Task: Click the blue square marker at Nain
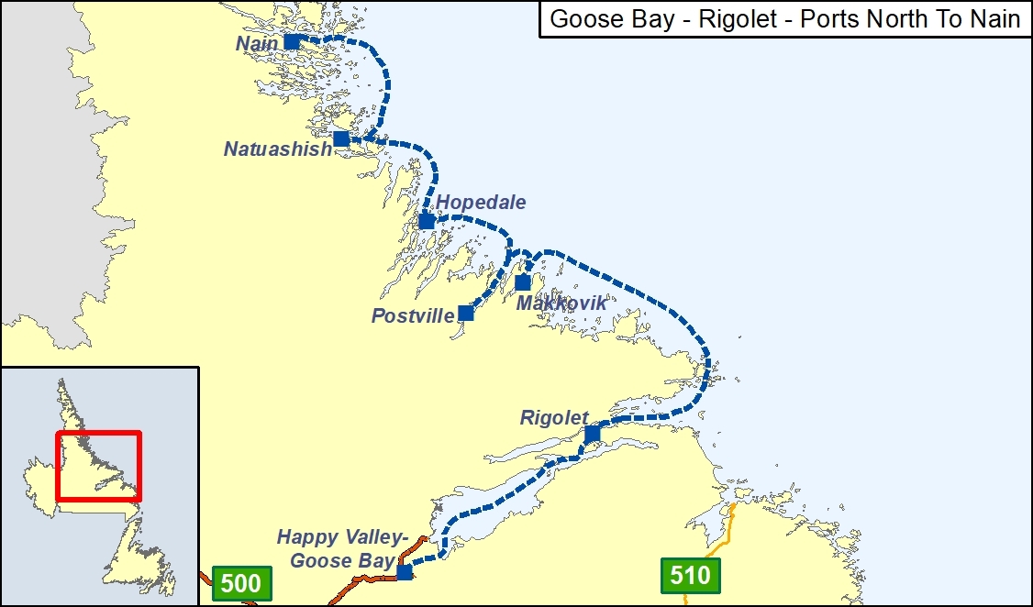[x=292, y=41]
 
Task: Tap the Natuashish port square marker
[x=340, y=138]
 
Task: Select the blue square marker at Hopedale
[x=426, y=221]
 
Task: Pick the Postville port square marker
[x=465, y=313]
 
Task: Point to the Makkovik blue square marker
[x=522, y=281]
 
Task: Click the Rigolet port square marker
[x=592, y=433]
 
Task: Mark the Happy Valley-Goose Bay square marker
[x=404, y=572]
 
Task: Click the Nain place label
[x=256, y=43]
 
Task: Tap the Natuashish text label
[x=277, y=149]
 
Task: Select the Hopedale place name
[x=481, y=202]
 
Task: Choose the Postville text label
[x=412, y=316]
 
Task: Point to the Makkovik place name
[x=561, y=303]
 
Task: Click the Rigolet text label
[x=554, y=417]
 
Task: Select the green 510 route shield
[x=690, y=575]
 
